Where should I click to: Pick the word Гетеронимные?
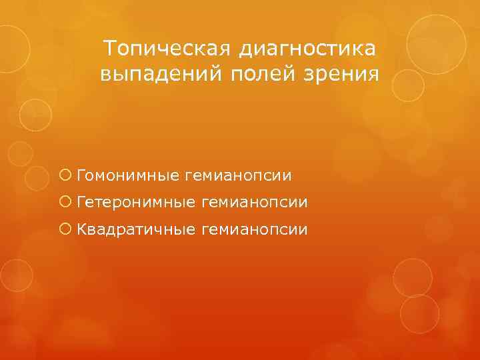[136, 202]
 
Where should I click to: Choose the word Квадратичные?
[136, 229]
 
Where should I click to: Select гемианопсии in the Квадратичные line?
[254, 229]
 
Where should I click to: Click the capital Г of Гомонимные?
[81, 175]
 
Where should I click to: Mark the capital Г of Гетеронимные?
[81, 202]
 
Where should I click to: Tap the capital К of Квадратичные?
[81, 229]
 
